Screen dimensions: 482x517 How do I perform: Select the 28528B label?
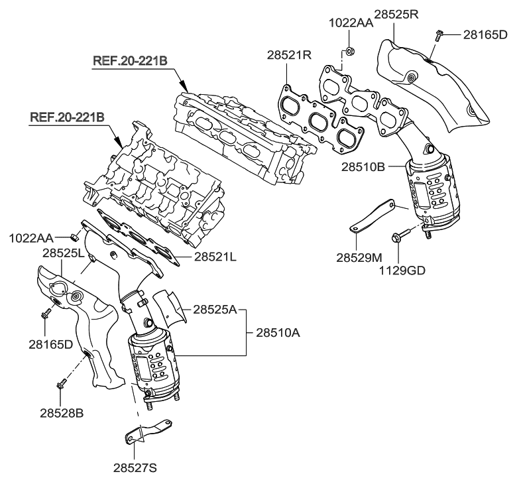click(60, 412)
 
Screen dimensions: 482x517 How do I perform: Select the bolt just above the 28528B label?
click(61, 383)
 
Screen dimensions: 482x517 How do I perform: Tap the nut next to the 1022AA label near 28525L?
click(75, 235)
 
